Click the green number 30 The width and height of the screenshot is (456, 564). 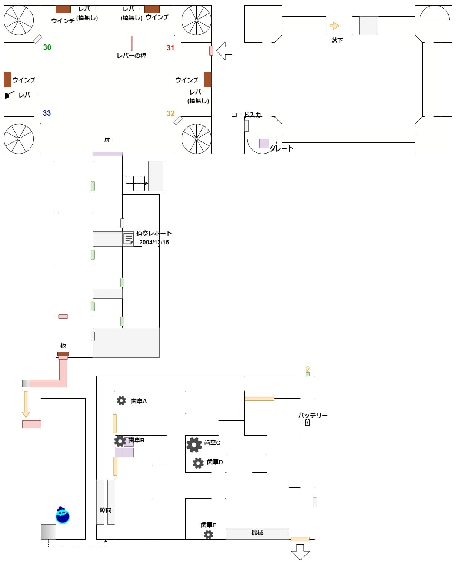point(47,47)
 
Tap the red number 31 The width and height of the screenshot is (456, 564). point(170,48)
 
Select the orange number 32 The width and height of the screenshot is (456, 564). point(170,113)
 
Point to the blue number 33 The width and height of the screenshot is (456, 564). point(47,113)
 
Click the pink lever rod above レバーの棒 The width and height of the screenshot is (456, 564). point(132,43)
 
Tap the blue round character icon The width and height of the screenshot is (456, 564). point(63,515)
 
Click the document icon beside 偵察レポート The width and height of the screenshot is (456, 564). point(128,239)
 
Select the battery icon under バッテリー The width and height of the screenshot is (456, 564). point(307,422)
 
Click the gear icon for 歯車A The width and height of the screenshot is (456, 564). point(121,400)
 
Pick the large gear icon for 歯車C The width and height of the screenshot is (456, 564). point(194,444)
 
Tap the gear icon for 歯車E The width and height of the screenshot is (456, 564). point(209,534)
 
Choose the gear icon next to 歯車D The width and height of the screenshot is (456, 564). point(198,463)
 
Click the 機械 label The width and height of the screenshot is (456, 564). point(257,533)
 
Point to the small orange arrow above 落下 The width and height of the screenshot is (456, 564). point(334,26)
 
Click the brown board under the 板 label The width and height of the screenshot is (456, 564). point(63,354)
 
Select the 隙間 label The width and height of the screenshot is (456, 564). point(106,510)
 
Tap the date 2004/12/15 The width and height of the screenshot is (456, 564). point(154,242)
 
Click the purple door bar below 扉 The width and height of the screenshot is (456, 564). point(107,154)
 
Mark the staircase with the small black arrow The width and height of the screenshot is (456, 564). point(137,183)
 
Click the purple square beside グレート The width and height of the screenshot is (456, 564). point(264,143)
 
